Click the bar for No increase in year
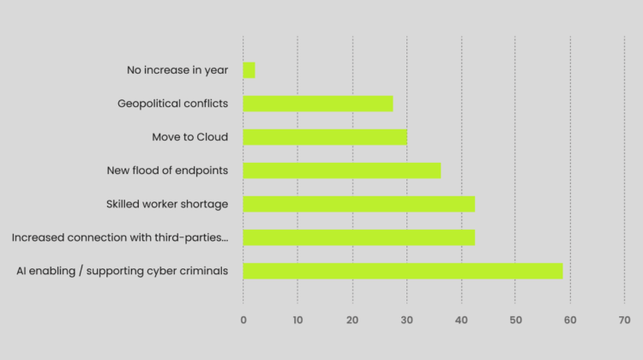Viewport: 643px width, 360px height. tap(249, 70)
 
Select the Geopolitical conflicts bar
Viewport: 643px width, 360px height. tap(318, 104)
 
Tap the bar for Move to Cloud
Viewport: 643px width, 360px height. tap(325, 137)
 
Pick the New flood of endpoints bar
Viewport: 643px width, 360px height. tap(341, 171)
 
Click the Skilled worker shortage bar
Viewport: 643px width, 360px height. tap(358, 204)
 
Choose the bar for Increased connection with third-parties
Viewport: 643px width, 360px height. tap(358, 237)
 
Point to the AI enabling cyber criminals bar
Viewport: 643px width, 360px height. tap(403, 271)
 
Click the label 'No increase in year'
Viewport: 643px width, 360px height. tap(177, 70)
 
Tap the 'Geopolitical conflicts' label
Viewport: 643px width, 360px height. tap(173, 104)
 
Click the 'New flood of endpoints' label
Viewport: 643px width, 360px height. tap(167, 171)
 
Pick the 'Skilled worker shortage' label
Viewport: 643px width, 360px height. tap(167, 204)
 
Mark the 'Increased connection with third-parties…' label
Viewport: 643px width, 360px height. tap(120, 237)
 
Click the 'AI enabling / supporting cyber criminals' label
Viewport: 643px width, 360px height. tap(123, 271)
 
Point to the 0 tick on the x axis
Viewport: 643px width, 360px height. tap(243, 320)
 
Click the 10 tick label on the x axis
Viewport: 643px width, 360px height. tap(297, 320)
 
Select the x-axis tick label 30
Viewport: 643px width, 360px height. tap(406, 320)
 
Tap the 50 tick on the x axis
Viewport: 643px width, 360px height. tap(515, 320)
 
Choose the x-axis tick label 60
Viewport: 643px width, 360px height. tap(569, 320)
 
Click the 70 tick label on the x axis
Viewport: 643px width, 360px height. tap(624, 320)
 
